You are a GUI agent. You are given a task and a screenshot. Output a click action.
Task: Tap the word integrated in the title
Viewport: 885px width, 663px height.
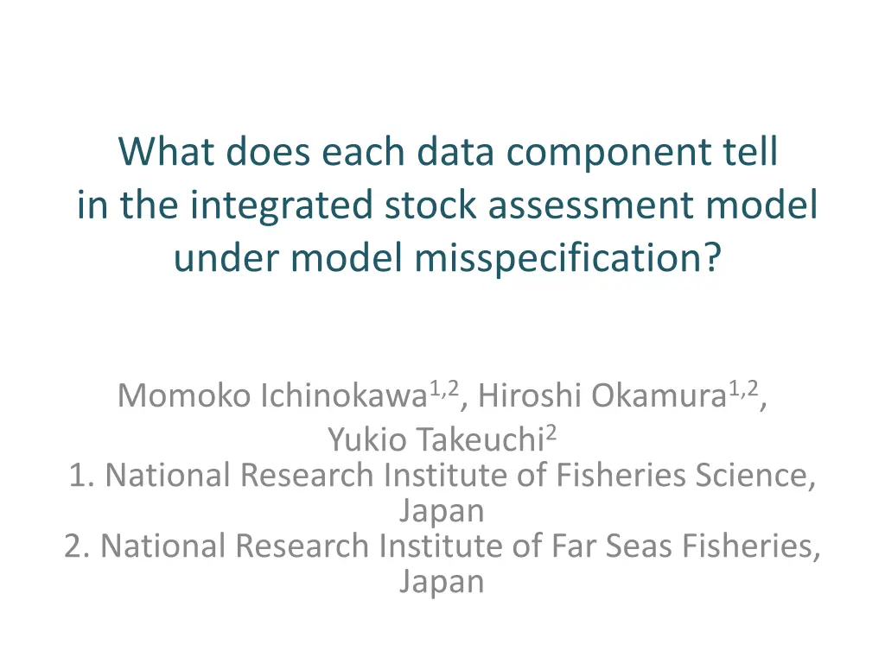pyautogui.click(x=281, y=205)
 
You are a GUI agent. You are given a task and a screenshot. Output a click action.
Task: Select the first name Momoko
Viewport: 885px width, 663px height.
pyautogui.click(x=184, y=395)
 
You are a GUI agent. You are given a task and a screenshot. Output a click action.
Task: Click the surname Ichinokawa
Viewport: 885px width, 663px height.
pyautogui.click(x=344, y=395)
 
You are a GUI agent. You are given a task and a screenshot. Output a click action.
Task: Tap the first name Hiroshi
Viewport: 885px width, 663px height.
pyautogui.click(x=530, y=395)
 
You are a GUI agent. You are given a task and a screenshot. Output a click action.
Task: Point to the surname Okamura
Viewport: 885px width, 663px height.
pyautogui.click(x=659, y=395)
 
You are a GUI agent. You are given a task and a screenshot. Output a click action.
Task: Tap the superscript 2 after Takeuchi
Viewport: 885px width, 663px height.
pyautogui.click(x=551, y=433)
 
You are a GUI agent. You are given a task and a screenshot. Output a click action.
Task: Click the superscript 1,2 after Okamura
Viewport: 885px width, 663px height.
pyautogui.click(x=742, y=389)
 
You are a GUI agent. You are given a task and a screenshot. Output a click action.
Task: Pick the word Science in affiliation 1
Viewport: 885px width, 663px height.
pyautogui.click(x=754, y=476)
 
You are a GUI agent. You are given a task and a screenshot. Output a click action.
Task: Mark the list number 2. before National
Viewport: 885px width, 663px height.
pyautogui.click(x=77, y=546)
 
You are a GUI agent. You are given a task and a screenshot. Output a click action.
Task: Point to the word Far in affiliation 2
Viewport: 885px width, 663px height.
pyautogui.click(x=574, y=546)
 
